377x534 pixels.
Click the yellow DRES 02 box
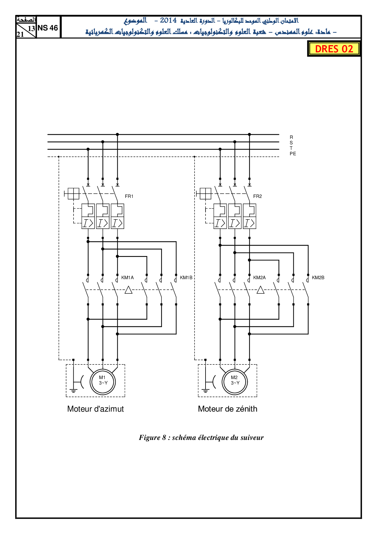pos(334,49)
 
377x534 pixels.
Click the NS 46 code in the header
pos(48,28)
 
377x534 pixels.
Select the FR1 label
pos(129,196)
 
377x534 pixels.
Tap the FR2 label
pos(257,196)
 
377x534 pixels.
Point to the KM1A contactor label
pos(127,278)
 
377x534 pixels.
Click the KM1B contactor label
pos(186,278)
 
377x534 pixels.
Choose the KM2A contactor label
pos(259,278)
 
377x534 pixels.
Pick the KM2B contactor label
pos(318,278)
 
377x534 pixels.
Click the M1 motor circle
pos(103,382)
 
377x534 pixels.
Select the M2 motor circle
pos(235,382)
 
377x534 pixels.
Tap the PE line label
pos(293,154)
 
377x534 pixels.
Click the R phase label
pos(291,137)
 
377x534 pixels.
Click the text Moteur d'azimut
pos(95,409)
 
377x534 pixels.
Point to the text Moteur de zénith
pos(227,409)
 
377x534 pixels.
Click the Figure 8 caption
pos(201,437)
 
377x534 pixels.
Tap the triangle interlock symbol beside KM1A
pos(129,290)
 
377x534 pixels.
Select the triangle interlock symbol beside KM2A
pos(261,290)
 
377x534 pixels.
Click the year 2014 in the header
pos(168,20)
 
